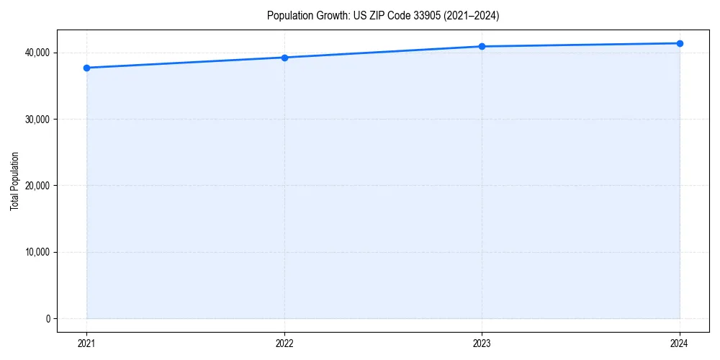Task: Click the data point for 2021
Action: pyautogui.click(x=86, y=68)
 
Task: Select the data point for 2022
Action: pyautogui.click(x=284, y=58)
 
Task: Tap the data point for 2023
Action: pyautogui.click(x=482, y=46)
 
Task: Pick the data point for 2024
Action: pyautogui.click(x=680, y=43)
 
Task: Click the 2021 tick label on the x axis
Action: pyautogui.click(x=86, y=343)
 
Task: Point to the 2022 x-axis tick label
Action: pyautogui.click(x=284, y=343)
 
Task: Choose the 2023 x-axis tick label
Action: pyautogui.click(x=482, y=343)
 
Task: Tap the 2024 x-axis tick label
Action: pyautogui.click(x=680, y=343)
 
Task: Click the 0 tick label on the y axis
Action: pyautogui.click(x=48, y=319)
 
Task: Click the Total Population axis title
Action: pyautogui.click(x=14, y=181)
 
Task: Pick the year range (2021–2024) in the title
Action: pyautogui.click(x=472, y=15)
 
